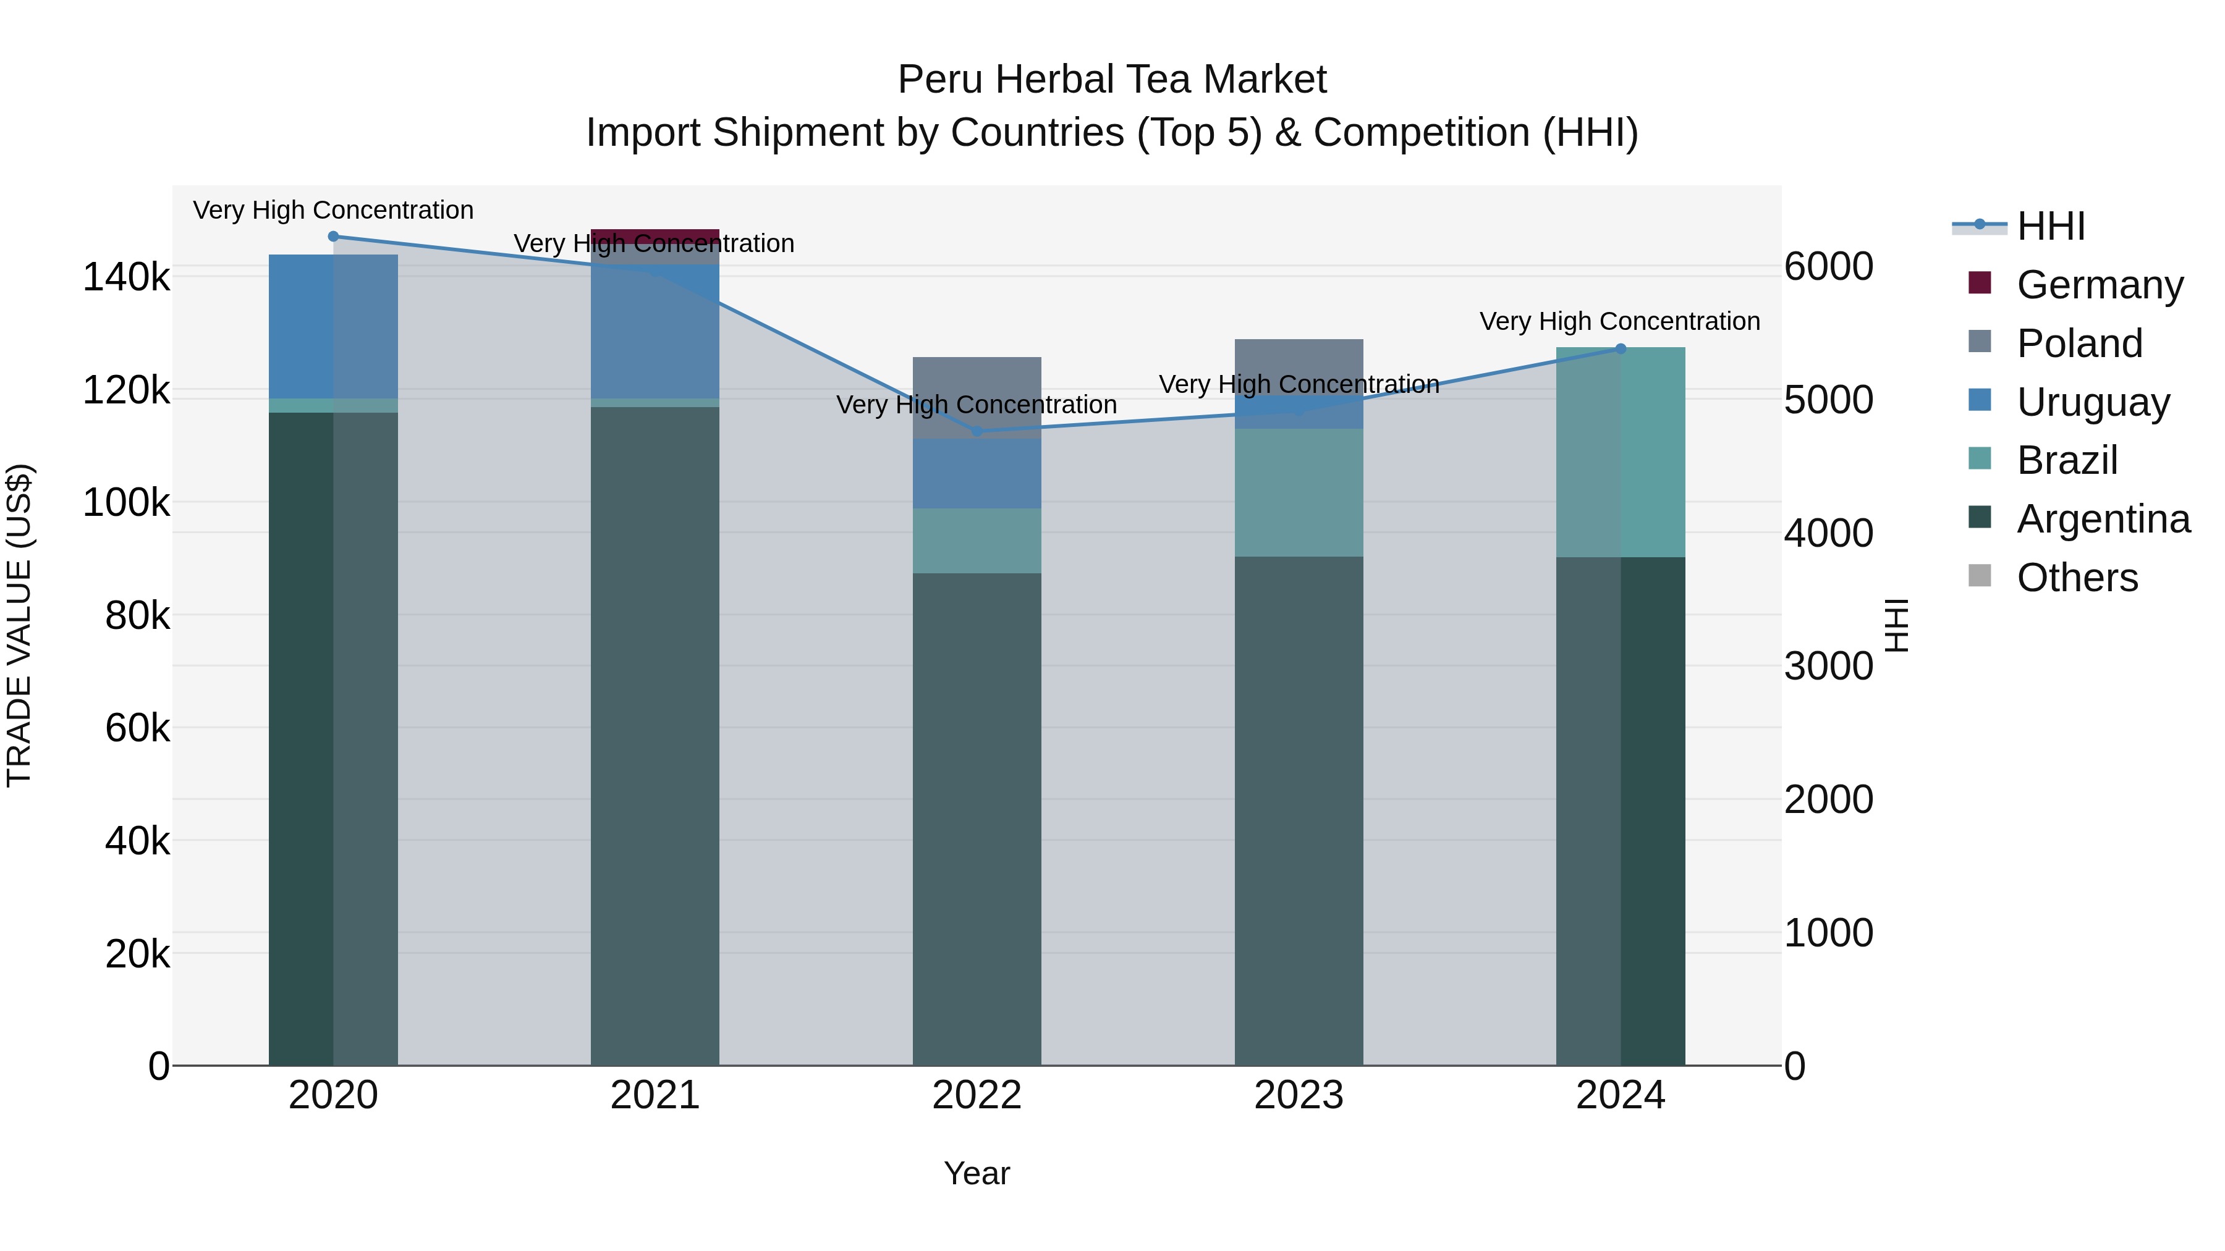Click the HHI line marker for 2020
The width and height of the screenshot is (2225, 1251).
tap(333, 237)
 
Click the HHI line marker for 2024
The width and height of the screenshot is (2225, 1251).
tap(1621, 349)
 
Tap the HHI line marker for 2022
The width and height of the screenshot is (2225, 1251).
tap(977, 431)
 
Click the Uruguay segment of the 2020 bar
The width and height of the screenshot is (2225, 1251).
tap(333, 326)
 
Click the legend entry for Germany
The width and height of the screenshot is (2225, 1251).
tap(2073, 285)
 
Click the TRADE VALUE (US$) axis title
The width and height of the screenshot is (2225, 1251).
tap(19, 625)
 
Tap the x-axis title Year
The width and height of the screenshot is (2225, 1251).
tap(977, 1173)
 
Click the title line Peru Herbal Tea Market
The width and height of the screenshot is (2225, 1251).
tap(1112, 80)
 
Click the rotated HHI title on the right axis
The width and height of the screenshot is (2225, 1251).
tap(1897, 625)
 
